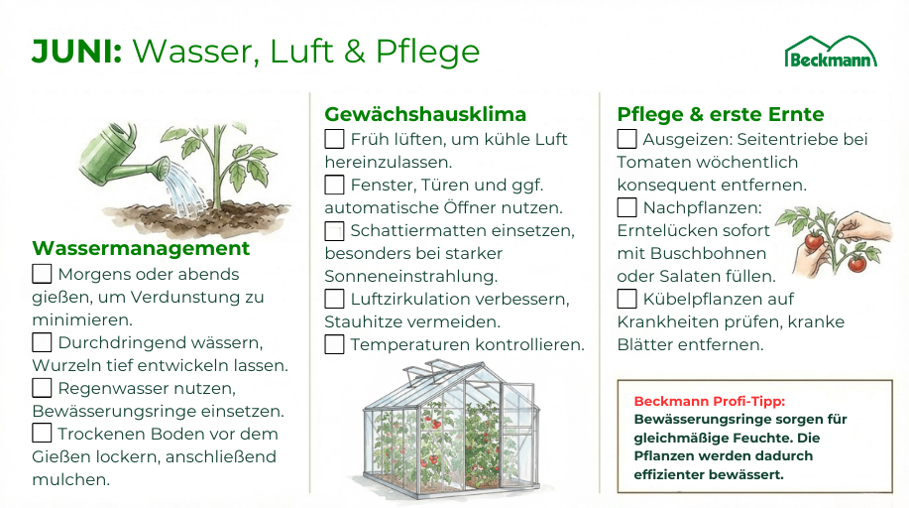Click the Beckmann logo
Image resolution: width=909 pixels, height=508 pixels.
pyautogui.click(x=831, y=53)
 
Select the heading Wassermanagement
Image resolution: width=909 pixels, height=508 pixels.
pyautogui.click(x=141, y=248)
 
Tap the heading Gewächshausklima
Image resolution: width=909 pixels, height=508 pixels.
pyautogui.click(x=425, y=114)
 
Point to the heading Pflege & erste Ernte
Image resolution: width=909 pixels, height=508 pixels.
pyautogui.click(x=720, y=115)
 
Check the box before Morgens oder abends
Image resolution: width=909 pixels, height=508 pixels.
pyautogui.click(x=42, y=274)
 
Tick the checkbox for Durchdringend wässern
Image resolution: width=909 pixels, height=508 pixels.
pyautogui.click(x=42, y=342)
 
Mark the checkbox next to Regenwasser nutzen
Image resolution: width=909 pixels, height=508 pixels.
pyautogui.click(x=42, y=388)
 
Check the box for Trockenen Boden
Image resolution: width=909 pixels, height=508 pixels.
pyautogui.click(x=42, y=434)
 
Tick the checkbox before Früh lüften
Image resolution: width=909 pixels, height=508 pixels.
pyautogui.click(x=334, y=139)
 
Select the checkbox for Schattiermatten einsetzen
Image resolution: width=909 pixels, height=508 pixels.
pyautogui.click(x=334, y=230)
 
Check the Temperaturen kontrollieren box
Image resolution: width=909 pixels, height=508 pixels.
pyautogui.click(x=334, y=344)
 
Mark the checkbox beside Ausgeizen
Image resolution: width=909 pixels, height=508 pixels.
pyautogui.click(x=626, y=139)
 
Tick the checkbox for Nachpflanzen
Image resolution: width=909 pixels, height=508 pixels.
pyautogui.click(x=626, y=207)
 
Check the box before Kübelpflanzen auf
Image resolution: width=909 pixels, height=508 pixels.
pyautogui.click(x=626, y=299)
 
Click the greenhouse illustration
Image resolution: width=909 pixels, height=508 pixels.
pyautogui.click(x=451, y=430)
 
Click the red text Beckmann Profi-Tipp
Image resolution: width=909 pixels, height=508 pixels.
pyautogui.click(x=710, y=401)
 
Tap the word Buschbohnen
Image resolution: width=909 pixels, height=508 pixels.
pyautogui.click(x=709, y=253)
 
